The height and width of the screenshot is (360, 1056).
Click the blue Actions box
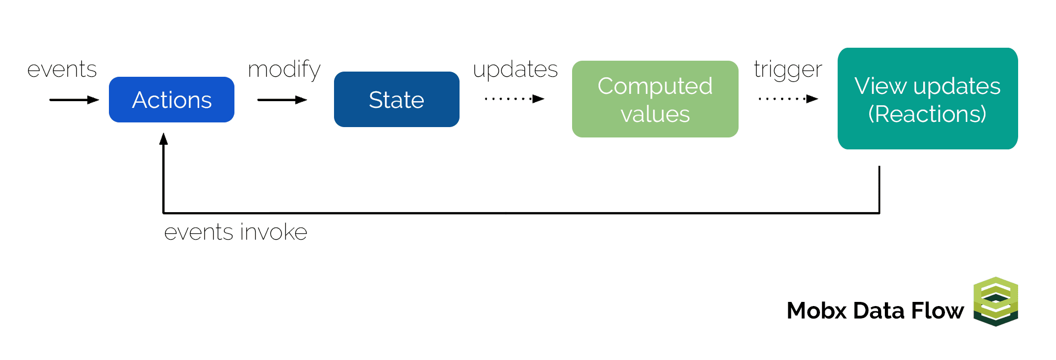coord(172,100)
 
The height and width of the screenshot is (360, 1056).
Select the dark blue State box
coord(397,99)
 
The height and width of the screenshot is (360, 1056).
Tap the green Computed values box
coord(655,99)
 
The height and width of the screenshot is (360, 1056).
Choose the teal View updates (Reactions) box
coord(928,99)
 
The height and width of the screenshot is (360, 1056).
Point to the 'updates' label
coord(515,70)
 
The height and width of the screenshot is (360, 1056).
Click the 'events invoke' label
coord(235,232)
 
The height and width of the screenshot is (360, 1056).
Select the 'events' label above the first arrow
coord(62,70)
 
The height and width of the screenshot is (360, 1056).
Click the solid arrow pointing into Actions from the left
coord(74,100)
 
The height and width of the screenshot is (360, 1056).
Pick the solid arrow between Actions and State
coord(282,100)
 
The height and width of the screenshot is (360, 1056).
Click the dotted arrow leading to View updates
coord(788,99)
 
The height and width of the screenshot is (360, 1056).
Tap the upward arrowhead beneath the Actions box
coord(163,139)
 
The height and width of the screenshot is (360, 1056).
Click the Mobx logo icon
coord(996,302)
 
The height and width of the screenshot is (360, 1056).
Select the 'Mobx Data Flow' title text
coord(876,311)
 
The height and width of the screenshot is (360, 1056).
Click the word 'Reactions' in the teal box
coord(927,114)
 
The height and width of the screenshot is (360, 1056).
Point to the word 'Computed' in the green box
coord(655,87)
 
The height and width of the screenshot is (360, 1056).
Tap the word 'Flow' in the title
coord(938,311)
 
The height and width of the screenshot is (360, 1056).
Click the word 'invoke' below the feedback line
coord(273,231)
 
